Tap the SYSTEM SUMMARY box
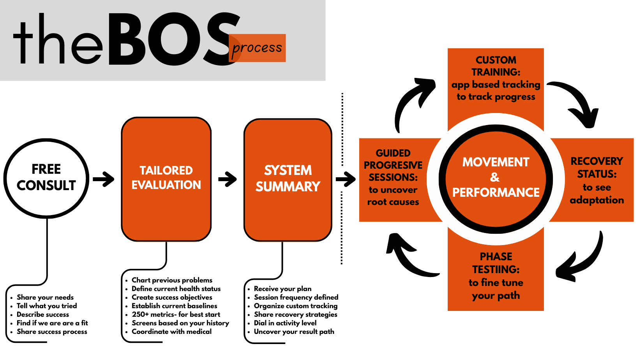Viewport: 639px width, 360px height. click(x=288, y=179)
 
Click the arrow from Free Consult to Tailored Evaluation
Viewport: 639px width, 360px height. click(x=103, y=179)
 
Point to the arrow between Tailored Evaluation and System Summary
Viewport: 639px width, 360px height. click(x=228, y=179)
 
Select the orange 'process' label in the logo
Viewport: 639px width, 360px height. click(x=257, y=48)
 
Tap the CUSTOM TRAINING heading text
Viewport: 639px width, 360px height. click(x=496, y=66)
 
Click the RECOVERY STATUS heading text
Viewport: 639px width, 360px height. click(x=597, y=167)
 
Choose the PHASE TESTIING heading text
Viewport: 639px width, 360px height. click(x=496, y=263)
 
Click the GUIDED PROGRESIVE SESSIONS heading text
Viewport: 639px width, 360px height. click(x=393, y=165)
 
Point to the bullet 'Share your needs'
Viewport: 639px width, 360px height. click(x=45, y=297)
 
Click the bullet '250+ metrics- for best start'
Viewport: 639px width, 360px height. click(x=176, y=314)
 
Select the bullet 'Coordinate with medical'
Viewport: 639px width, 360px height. click(x=171, y=332)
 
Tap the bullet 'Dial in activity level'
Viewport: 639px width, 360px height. click(x=285, y=323)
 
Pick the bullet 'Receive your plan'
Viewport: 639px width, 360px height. click(x=282, y=289)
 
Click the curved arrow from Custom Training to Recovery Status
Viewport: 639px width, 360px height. click(x=577, y=101)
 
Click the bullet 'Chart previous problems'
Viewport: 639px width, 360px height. click(x=172, y=280)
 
